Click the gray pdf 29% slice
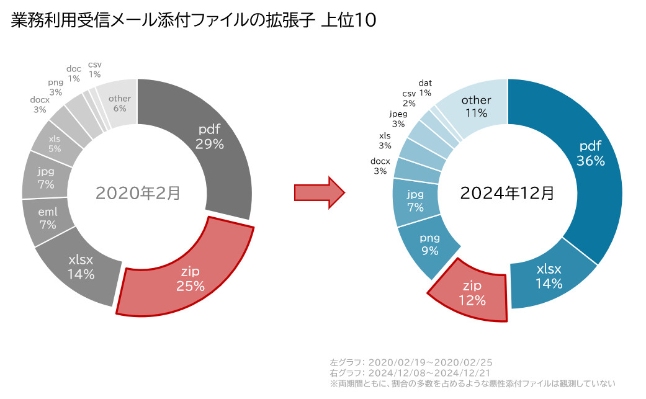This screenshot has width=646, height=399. pyautogui.click(x=211, y=137)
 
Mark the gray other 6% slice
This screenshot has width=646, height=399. pyautogui.click(x=120, y=103)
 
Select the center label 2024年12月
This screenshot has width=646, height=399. pyautogui.click(x=508, y=193)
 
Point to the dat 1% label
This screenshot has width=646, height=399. pyautogui.click(x=425, y=87)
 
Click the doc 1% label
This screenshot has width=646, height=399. pyautogui.click(x=74, y=74)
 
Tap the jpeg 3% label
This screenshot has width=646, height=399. pyautogui.click(x=398, y=119)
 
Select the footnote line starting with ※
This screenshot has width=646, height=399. pyautogui.click(x=472, y=383)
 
